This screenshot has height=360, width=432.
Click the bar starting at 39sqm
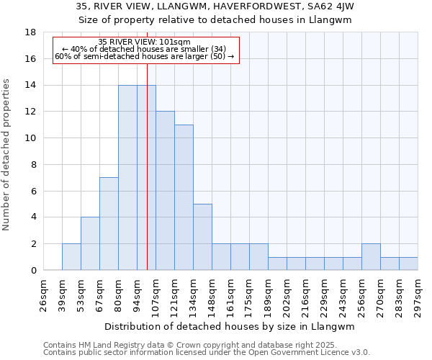coord(71,257)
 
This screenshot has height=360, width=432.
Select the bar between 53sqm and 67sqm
coord(90,243)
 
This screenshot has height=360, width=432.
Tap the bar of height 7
coord(109,224)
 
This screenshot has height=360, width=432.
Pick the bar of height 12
coord(165,191)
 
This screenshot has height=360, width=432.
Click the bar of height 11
coord(184,197)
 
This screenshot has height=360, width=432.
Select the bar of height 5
coord(202,237)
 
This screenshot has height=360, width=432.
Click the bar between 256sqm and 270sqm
coord(371,257)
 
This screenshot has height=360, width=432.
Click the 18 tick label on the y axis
coord(30,32)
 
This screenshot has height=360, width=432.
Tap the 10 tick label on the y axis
coord(30,138)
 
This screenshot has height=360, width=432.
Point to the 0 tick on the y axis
coord(33,270)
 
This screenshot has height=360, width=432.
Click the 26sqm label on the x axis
coord(43,293)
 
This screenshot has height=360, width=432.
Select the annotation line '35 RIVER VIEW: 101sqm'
coord(144,42)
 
